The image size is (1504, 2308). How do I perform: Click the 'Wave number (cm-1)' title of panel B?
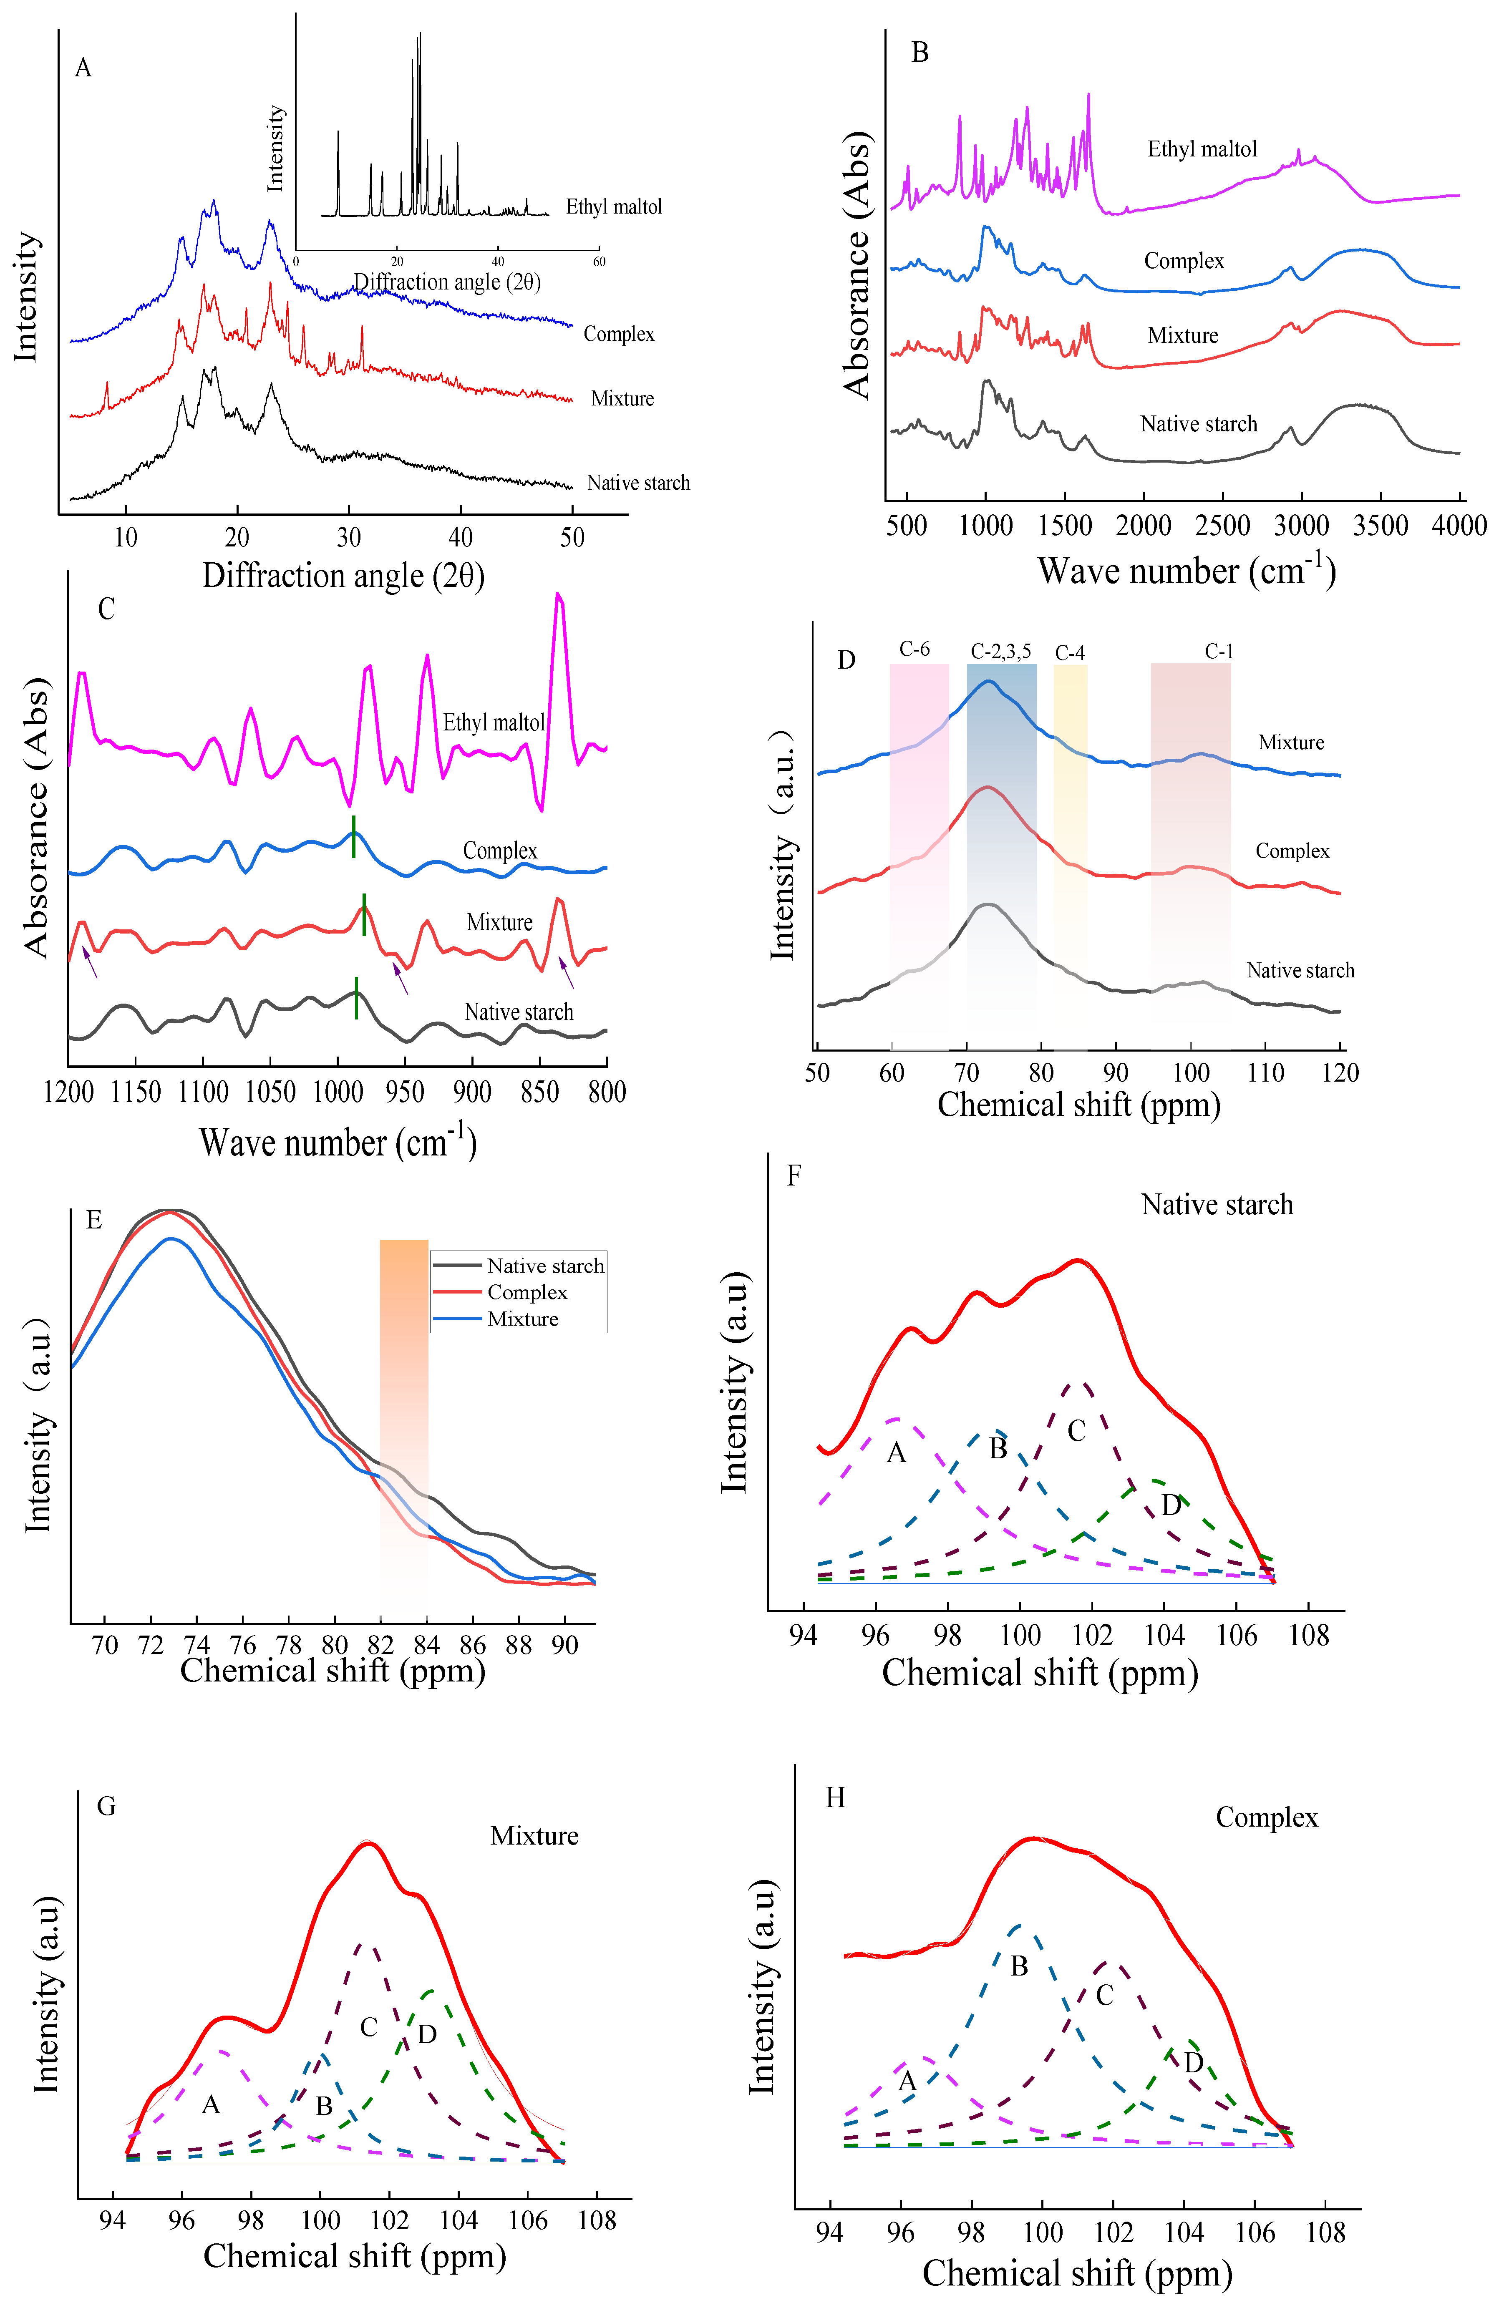[x=1186, y=570]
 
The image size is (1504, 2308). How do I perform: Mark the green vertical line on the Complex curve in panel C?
[x=354, y=837]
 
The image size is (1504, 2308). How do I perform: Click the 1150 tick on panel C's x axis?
[x=135, y=1092]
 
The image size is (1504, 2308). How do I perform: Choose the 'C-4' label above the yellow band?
[x=1070, y=653]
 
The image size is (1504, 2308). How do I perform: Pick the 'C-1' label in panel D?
[x=1219, y=651]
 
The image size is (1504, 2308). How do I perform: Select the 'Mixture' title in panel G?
[x=534, y=1836]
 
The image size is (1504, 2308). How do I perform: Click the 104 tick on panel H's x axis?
[x=1184, y=2232]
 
